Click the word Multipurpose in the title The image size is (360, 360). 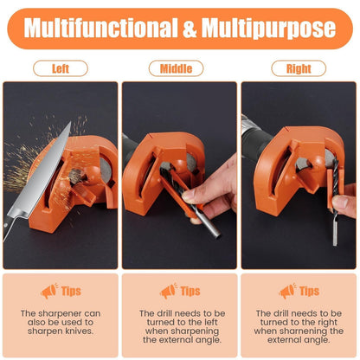[270, 29]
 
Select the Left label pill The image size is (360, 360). [61, 67]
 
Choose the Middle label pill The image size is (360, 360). [176, 67]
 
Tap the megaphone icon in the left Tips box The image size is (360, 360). [48, 291]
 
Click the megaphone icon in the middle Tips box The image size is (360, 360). [168, 291]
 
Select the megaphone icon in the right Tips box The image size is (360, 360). [287, 291]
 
